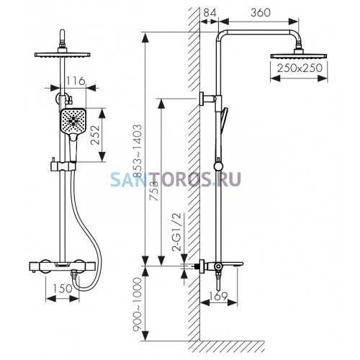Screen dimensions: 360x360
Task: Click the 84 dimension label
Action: pos(210,12)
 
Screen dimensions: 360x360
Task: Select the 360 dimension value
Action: pos(261,12)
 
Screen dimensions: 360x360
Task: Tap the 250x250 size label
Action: pos(300,68)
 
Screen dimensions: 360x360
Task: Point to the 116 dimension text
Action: pos(76,81)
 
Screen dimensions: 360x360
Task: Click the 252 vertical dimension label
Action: pos(95,135)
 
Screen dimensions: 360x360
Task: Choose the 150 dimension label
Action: pos(62,289)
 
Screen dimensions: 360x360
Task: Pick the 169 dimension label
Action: pos(218,296)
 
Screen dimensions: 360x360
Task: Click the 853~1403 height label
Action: pos(138,150)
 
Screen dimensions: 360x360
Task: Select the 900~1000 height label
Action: pos(138,305)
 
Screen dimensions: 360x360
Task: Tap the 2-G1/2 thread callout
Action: pos(178,232)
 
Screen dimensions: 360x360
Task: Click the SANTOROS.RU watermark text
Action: pos(176,179)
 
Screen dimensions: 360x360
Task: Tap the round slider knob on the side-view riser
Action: pos(218,166)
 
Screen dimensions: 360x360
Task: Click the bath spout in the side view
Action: pos(233,264)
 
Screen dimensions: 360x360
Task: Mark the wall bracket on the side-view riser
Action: pos(208,99)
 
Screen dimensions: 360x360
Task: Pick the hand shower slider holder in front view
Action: pos(63,166)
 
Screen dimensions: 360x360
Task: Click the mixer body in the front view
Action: pos(63,266)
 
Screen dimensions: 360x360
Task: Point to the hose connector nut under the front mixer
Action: pos(74,274)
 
